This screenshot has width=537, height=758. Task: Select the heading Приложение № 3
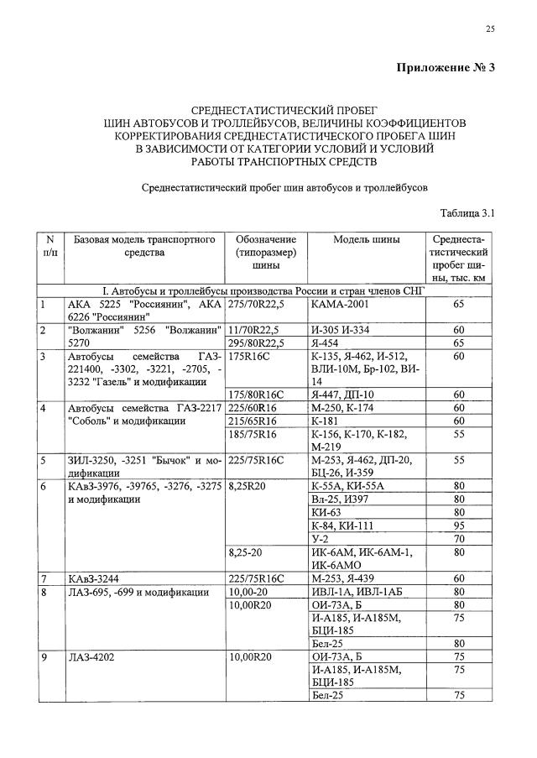[x=446, y=68]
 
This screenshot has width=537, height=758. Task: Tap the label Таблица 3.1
[x=467, y=213]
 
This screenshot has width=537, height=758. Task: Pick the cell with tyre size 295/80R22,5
[x=258, y=342]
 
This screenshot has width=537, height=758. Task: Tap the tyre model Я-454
[x=325, y=342]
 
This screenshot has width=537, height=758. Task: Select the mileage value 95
[x=458, y=525]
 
